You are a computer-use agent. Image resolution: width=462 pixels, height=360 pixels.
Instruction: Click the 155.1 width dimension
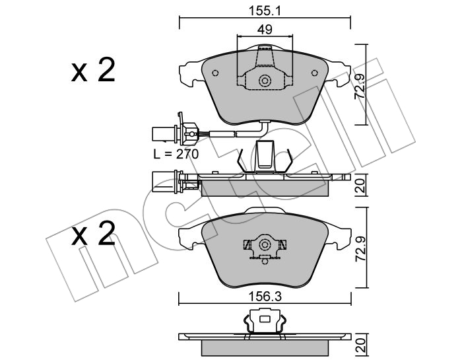click(265, 11)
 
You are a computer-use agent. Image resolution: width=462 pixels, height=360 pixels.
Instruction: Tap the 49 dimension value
click(265, 30)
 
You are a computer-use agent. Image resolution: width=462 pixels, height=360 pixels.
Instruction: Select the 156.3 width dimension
click(265, 297)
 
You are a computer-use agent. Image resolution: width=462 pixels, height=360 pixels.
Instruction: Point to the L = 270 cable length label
click(176, 154)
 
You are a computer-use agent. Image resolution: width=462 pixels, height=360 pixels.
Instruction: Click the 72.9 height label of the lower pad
click(360, 248)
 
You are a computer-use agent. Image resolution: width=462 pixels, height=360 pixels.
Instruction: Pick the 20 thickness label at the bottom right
click(360, 345)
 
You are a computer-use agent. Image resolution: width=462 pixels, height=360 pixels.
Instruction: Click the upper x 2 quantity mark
click(93, 71)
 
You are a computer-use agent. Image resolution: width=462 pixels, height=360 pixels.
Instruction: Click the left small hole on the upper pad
click(215, 73)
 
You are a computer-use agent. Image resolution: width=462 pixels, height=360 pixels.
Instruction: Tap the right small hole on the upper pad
click(315, 73)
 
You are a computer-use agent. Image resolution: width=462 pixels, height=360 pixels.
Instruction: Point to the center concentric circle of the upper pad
click(265, 81)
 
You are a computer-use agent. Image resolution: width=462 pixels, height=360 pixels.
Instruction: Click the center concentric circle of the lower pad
click(265, 244)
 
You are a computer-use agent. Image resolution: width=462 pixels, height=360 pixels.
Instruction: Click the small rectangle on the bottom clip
click(265, 319)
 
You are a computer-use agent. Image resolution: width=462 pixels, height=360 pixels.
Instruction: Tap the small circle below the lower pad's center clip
click(265, 261)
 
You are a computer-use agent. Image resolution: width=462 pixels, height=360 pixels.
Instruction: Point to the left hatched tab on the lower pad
click(247, 244)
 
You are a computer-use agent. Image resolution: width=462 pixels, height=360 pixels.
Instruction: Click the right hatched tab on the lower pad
click(282, 244)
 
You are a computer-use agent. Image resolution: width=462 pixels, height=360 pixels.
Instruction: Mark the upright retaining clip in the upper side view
click(265, 157)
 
